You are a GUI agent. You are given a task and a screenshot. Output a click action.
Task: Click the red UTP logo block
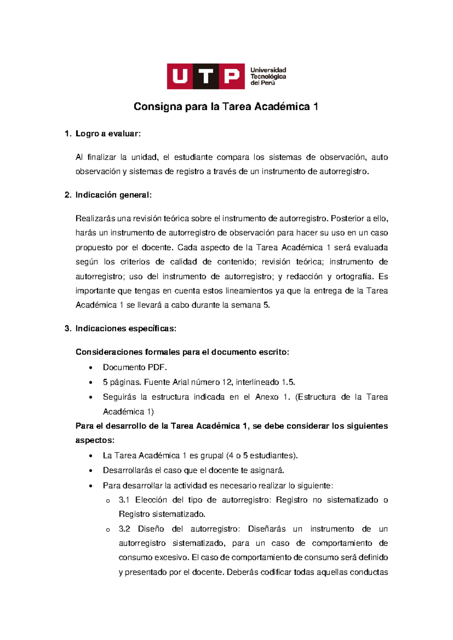(x=206, y=76)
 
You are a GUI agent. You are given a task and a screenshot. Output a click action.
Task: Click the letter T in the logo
(x=206, y=77)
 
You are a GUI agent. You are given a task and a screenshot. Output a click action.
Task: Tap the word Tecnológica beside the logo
(x=268, y=77)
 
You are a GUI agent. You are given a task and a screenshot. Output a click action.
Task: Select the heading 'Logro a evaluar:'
(x=108, y=134)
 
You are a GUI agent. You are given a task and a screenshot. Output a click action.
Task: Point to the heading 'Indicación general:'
(x=113, y=195)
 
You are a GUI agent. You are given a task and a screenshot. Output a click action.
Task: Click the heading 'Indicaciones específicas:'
(x=126, y=329)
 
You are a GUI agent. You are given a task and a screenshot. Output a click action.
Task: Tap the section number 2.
(x=68, y=195)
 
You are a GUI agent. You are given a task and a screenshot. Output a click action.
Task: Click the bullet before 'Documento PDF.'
(x=91, y=368)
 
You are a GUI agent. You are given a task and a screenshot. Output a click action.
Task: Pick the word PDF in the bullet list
(x=157, y=368)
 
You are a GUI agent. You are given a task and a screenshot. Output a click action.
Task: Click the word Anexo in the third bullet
(x=267, y=397)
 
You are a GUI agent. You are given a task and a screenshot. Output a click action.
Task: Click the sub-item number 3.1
(x=124, y=500)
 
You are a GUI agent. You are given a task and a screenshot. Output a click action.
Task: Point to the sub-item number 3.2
(x=124, y=529)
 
